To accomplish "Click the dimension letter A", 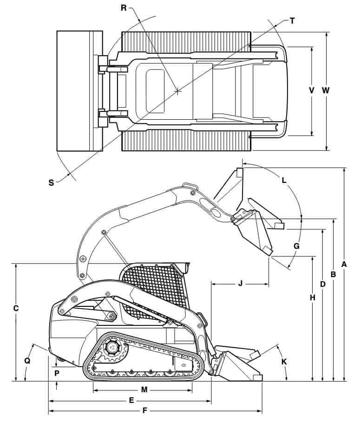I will click(x=344, y=264).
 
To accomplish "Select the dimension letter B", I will click(x=333, y=274).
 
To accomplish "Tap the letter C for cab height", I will click(x=16, y=308).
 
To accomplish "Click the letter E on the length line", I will click(x=131, y=400).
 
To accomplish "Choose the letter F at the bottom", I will click(x=145, y=411).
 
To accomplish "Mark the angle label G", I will click(x=297, y=246).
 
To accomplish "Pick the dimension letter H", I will click(x=313, y=298).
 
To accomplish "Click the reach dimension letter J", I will click(x=240, y=283).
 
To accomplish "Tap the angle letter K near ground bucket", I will click(x=284, y=361).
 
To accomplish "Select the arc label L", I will click(x=284, y=180).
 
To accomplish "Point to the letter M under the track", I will click(x=144, y=390).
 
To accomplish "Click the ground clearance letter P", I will click(x=57, y=373).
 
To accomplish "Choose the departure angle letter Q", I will click(x=27, y=361).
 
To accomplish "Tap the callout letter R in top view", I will click(x=124, y=8).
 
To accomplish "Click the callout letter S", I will click(x=51, y=182).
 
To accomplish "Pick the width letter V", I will click(x=312, y=91).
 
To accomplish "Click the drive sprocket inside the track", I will click(x=111, y=348).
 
